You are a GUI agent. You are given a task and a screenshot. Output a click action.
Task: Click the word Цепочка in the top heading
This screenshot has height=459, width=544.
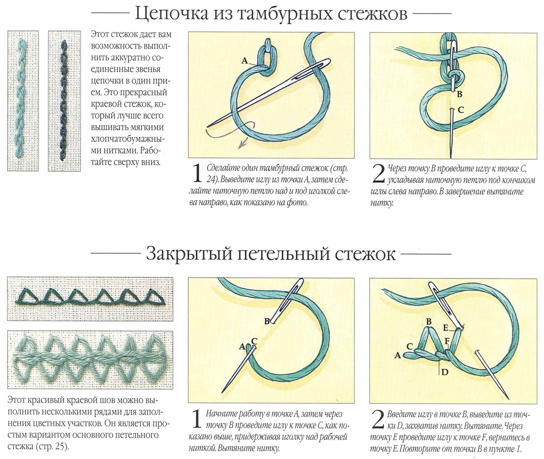tap(172, 14)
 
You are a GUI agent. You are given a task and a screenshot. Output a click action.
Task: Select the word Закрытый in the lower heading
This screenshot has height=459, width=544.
tap(189, 253)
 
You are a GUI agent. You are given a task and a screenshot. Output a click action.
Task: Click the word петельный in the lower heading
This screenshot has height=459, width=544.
tap(283, 254)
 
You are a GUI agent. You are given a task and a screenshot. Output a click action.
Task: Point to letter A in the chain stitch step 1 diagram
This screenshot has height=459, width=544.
tap(244, 61)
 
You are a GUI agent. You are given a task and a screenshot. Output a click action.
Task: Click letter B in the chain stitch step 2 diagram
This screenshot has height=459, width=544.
tap(459, 94)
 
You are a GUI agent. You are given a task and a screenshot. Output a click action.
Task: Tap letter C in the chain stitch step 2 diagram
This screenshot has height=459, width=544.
tap(461, 110)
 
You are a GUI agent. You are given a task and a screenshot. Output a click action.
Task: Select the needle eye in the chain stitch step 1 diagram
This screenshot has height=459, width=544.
tap(323, 64)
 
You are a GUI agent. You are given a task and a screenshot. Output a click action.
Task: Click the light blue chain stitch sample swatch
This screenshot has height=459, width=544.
tap(23, 101)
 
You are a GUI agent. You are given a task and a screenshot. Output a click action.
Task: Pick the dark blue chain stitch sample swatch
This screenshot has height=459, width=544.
tap(64, 101)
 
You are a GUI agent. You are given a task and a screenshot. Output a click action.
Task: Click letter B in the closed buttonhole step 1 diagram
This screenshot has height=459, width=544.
tap(267, 321)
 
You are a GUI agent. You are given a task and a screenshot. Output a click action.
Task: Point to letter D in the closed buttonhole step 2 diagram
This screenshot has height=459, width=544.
tap(445, 372)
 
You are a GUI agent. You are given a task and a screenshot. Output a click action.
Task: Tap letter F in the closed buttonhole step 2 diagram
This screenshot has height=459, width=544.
tap(447, 341)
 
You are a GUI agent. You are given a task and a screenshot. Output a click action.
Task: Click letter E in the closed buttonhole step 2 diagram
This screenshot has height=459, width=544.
tap(446, 328)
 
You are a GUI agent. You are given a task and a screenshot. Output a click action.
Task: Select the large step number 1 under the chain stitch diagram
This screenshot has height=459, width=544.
tap(197, 174)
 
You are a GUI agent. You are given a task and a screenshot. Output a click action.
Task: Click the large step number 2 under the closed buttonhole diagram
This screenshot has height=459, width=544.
tap(378, 420)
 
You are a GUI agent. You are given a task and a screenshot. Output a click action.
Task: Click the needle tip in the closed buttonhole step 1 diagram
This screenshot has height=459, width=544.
tap(222, 393)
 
